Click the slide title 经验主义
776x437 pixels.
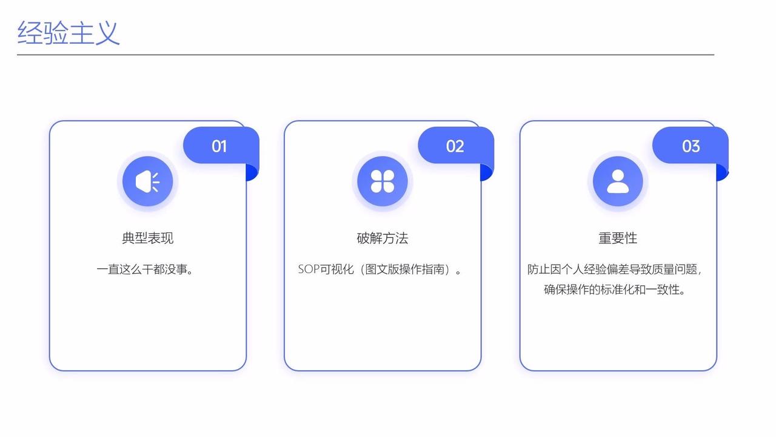coord(69,32)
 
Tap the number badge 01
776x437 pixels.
coord(219,146)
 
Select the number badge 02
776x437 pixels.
coord(455,146)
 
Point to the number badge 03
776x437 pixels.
coord(691,146)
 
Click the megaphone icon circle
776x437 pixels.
coord(147,181)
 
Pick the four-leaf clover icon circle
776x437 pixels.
coord(383,181)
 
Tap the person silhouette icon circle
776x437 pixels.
coord(618,181)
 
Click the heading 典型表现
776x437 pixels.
coord(147,238)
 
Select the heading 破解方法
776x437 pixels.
coord(383,238)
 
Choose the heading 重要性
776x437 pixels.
coord(618,238)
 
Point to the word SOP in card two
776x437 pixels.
coord(309,269)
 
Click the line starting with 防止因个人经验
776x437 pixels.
coord(615,269)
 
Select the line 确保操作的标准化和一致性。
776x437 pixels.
coord(615,290)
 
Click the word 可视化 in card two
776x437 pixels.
coord(336,269)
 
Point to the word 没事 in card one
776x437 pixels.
coord(175,269)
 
